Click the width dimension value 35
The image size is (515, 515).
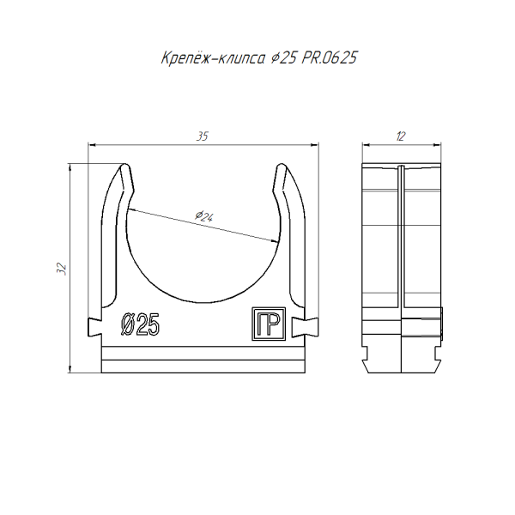(203, 136)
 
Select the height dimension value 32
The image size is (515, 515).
(62, 269)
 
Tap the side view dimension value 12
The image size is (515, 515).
(401, 136)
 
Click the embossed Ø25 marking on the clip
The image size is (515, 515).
(140, 324)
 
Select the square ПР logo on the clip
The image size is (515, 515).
(269, 324)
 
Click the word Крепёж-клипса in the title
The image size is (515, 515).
(213, 58)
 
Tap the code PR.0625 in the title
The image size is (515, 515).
(329, 58)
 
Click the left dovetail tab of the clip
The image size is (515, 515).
(94, 327)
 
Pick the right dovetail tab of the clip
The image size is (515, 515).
(305, 327)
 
